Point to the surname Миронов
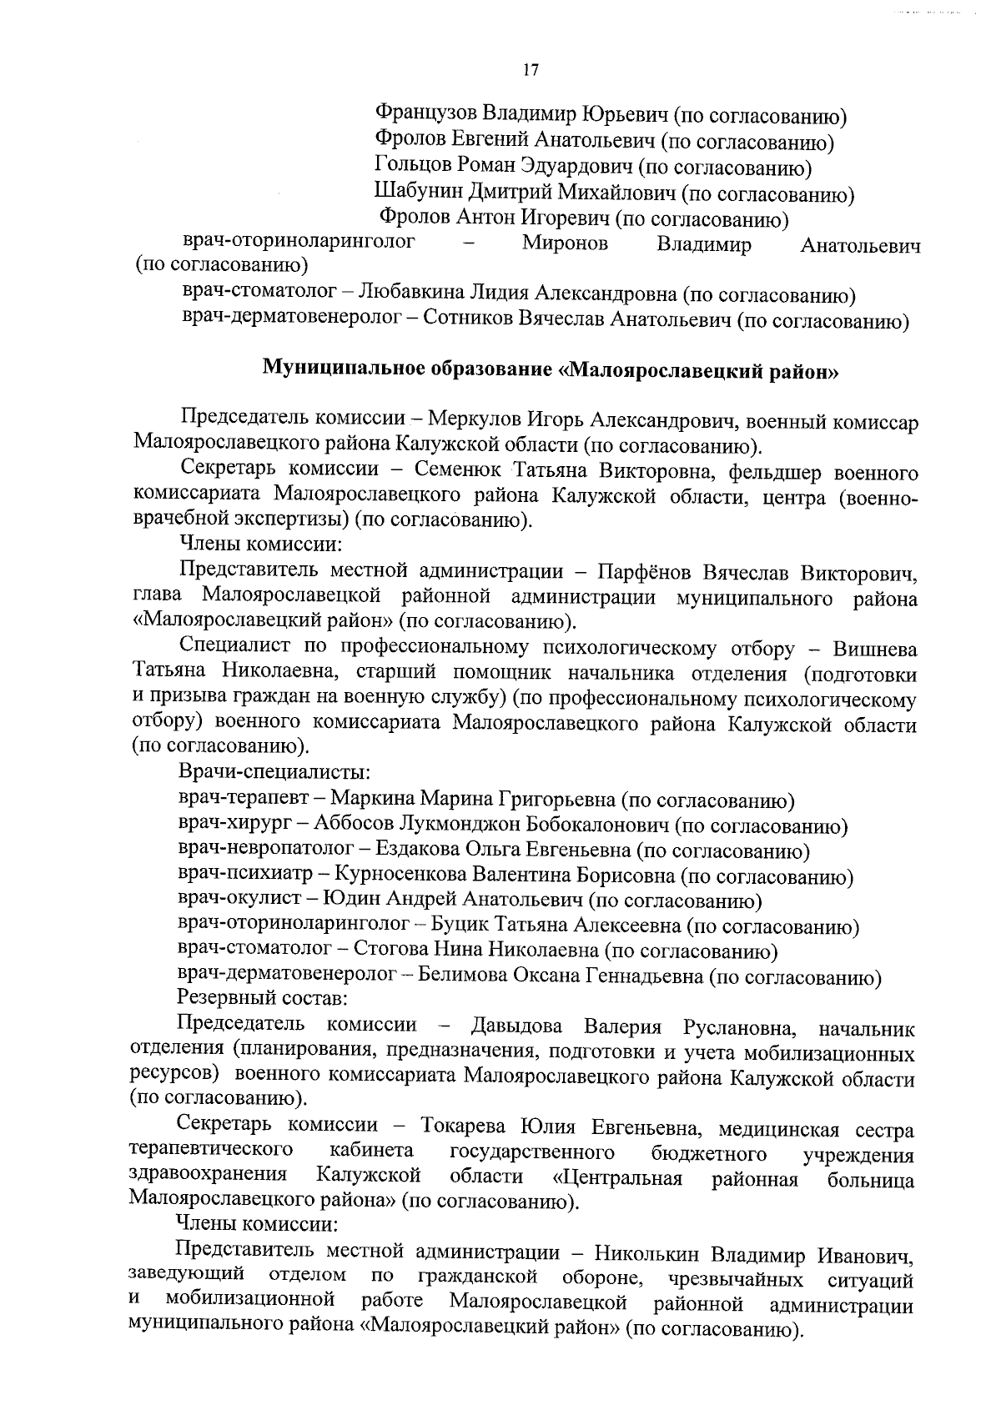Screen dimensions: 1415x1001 [565, 245]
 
